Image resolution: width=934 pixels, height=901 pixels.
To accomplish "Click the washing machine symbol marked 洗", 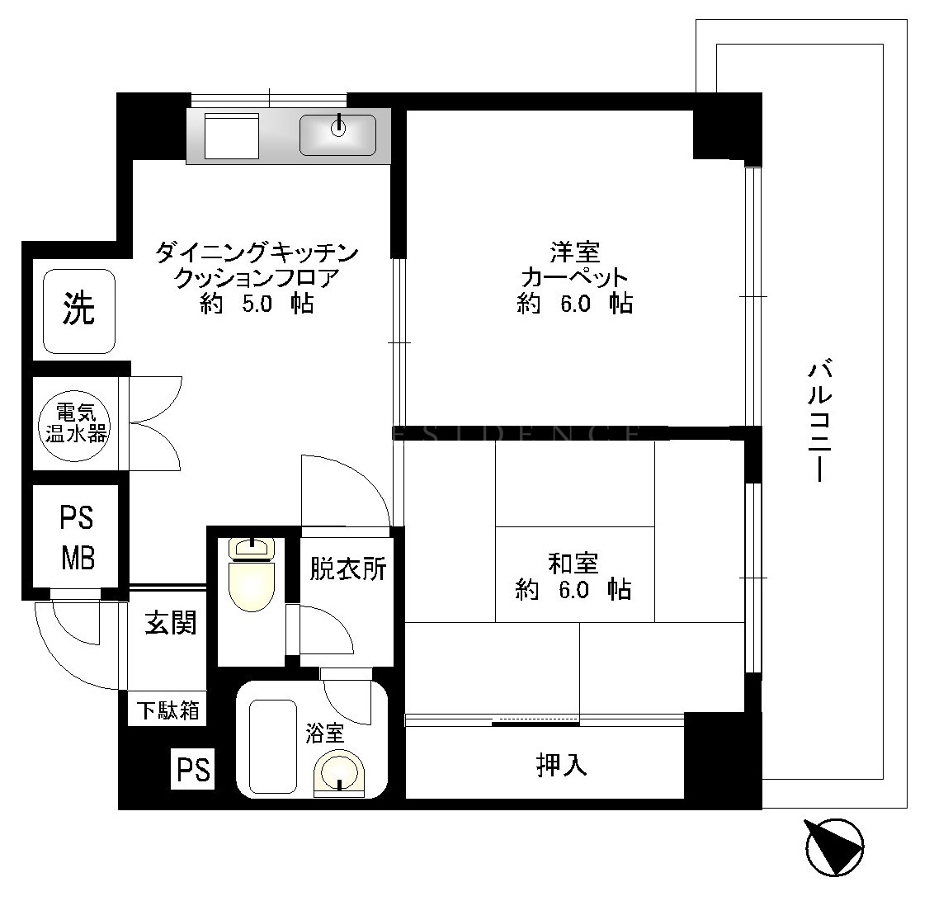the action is pos(78,311).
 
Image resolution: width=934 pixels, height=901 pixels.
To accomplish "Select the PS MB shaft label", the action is pos(78,538).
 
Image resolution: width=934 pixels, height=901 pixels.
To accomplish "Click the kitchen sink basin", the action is pos(337,134).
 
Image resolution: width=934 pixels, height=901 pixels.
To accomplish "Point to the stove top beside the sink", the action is pos(232,136).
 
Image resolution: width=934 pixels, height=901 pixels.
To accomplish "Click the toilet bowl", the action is pos(252,575).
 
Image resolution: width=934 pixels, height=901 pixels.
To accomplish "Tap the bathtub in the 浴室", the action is pos(273,746).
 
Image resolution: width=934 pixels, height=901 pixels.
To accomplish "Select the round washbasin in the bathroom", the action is pos(339,772).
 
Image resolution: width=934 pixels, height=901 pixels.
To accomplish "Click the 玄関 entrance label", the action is pos(171,624).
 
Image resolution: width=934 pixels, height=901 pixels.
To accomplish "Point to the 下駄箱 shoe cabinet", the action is pos(167,710).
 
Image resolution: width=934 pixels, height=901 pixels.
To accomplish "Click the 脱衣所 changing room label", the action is pos(348,568).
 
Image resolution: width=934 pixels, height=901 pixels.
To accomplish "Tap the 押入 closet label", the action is pos(562,765).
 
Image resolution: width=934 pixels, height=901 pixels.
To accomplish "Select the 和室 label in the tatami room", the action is pos(573,564).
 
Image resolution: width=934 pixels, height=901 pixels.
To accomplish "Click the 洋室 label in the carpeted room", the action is pos(575,252).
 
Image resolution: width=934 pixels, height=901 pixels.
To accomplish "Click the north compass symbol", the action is pos(834,847).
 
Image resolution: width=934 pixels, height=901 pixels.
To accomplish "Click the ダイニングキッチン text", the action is pos(257,252).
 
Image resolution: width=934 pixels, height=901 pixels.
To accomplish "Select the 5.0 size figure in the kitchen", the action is pos(257,304).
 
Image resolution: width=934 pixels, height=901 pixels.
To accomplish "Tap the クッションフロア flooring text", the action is pos(257,278).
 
